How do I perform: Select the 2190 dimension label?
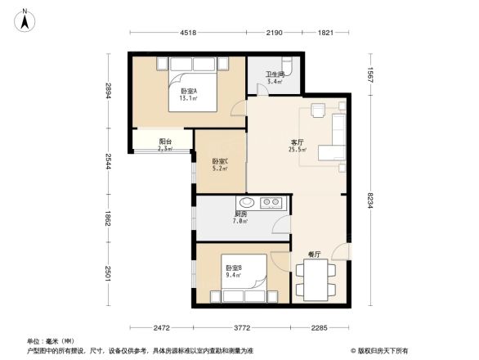tap(274, 34)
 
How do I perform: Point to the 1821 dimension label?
tap(325, 34)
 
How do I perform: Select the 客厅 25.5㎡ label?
tap(298, 146)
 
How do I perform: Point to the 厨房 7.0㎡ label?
tap(241, 218)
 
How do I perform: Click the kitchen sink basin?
tap(246, 203)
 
